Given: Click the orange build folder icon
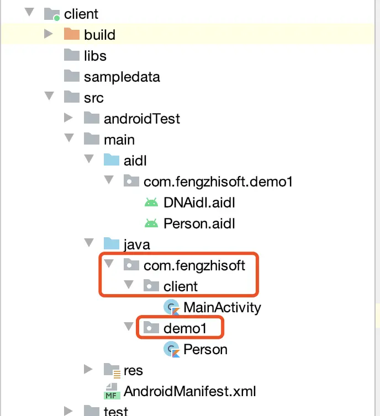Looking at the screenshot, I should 72,35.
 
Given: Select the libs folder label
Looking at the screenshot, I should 95,56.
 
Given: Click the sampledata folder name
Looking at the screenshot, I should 122,77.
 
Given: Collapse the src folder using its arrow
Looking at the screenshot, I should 50,97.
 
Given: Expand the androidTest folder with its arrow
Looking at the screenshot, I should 68,118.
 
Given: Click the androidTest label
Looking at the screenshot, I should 141,119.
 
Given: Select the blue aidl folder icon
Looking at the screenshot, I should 112,160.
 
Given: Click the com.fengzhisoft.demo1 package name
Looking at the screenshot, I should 218,181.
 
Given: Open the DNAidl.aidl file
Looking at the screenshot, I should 199,202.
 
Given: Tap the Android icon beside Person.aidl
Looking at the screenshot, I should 151,223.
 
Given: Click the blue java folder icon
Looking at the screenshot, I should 112,244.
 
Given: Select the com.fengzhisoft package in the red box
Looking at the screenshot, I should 194,265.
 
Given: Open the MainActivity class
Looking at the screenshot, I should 222,307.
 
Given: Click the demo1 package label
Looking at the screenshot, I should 185,328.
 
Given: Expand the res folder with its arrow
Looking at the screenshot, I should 88,369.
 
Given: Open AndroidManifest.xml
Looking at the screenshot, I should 190,391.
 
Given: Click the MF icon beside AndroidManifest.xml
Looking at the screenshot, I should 112,391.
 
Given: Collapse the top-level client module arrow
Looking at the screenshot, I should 30,13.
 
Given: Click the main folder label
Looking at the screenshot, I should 119,139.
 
